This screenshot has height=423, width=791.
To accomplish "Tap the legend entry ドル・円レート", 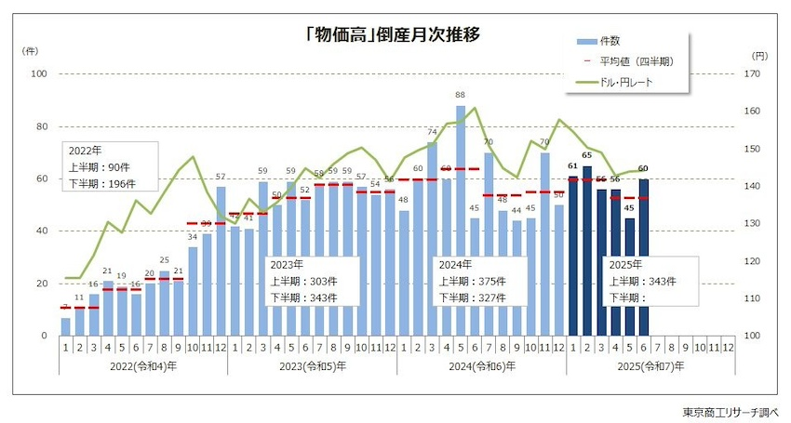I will coord(629,82).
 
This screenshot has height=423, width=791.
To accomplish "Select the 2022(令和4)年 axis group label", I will coord(142,366).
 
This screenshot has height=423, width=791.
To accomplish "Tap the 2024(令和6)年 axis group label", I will coord(481,366).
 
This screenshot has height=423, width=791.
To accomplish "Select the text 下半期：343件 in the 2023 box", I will coord(303,297).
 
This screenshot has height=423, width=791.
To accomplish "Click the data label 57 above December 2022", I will coord(221,177).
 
